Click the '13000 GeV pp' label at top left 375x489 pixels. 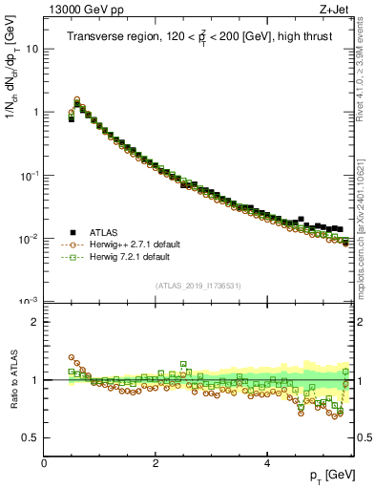pyautogui.click(x=79, y=9)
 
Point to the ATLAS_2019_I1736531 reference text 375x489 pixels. pyautogui.click(x=198, y=286)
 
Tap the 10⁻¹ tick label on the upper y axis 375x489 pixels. pyautogui.click(x=30, y=175)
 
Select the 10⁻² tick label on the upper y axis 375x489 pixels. pyautogui.click(x=30, y=238)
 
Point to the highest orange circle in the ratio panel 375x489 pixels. pyautogui.click(x=71, y=357)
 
